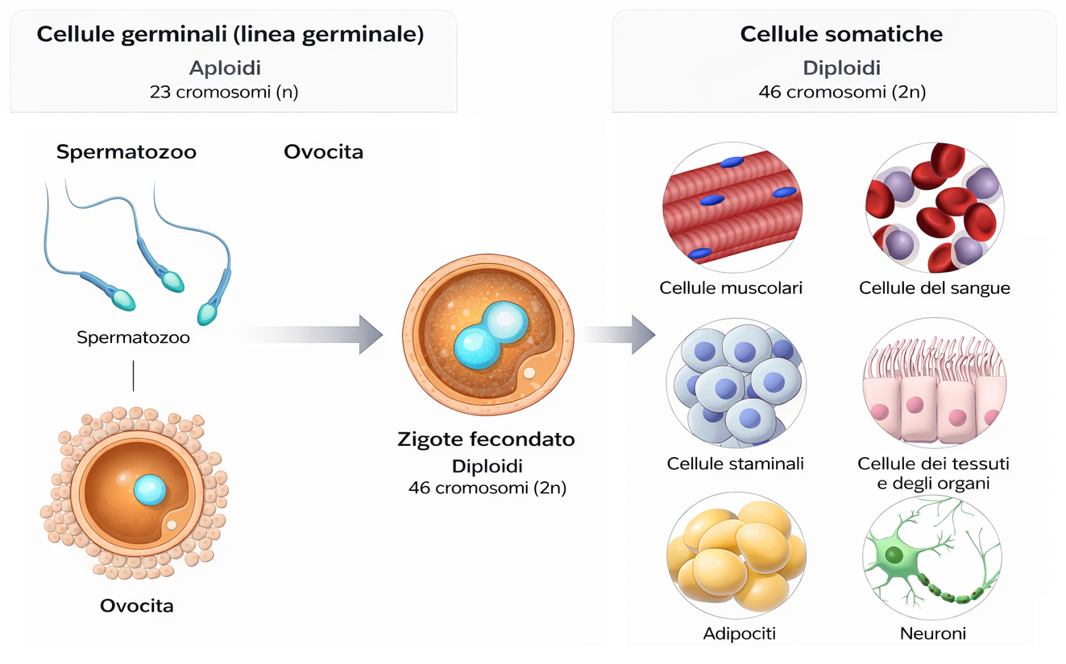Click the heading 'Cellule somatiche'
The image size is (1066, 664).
(841, 35)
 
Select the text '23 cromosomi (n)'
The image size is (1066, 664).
(224, 92)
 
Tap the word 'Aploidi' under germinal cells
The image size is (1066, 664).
(225, 68)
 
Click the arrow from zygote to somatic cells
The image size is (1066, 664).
(621, 334)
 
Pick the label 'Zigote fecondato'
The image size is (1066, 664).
(487, 439)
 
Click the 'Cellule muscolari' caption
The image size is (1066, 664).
(731, 287)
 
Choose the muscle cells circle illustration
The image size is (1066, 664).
(732, 208)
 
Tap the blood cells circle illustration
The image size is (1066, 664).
(932, 208)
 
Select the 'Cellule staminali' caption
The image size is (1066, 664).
(735, 464)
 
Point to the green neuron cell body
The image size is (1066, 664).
(894, 555)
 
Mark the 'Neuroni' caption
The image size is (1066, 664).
(932, 633)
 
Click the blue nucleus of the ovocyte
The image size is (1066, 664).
(150, 489)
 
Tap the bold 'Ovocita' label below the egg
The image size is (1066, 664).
(136, 605)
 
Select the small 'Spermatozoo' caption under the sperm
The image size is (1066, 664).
(134, 337)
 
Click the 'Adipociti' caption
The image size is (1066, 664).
(739, 633)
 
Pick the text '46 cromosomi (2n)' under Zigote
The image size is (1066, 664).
(487, 487)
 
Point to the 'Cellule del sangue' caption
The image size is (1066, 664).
(935, 287)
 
